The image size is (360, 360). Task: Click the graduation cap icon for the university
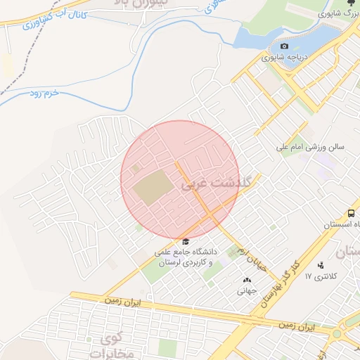[185, 241]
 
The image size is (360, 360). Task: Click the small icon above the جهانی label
[247, 280]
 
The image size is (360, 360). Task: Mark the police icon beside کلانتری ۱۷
[321, 265]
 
